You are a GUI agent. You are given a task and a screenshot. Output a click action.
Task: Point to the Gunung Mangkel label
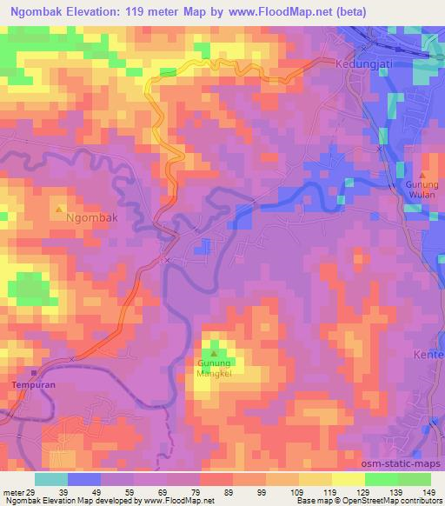pyautogui.click(x=214, y=369)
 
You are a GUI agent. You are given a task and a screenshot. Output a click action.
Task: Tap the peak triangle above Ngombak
pyautogui.click(x=59, y=210)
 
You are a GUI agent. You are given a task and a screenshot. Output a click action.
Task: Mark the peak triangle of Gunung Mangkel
pyautogui.click(x=214, y=353)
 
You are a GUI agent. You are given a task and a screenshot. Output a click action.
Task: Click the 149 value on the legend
pyautogui.click(x=428, y=492)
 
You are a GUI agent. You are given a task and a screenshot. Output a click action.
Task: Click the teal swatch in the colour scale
pyautogui.click(x=52, y=479)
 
